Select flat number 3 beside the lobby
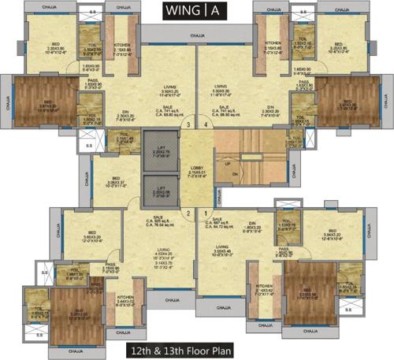(x=187, y=124)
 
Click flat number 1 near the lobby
(x=207, y=213)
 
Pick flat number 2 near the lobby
(x=188, y=213)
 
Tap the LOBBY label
(x=197, y=168)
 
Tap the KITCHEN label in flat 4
(x=273, y=43)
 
